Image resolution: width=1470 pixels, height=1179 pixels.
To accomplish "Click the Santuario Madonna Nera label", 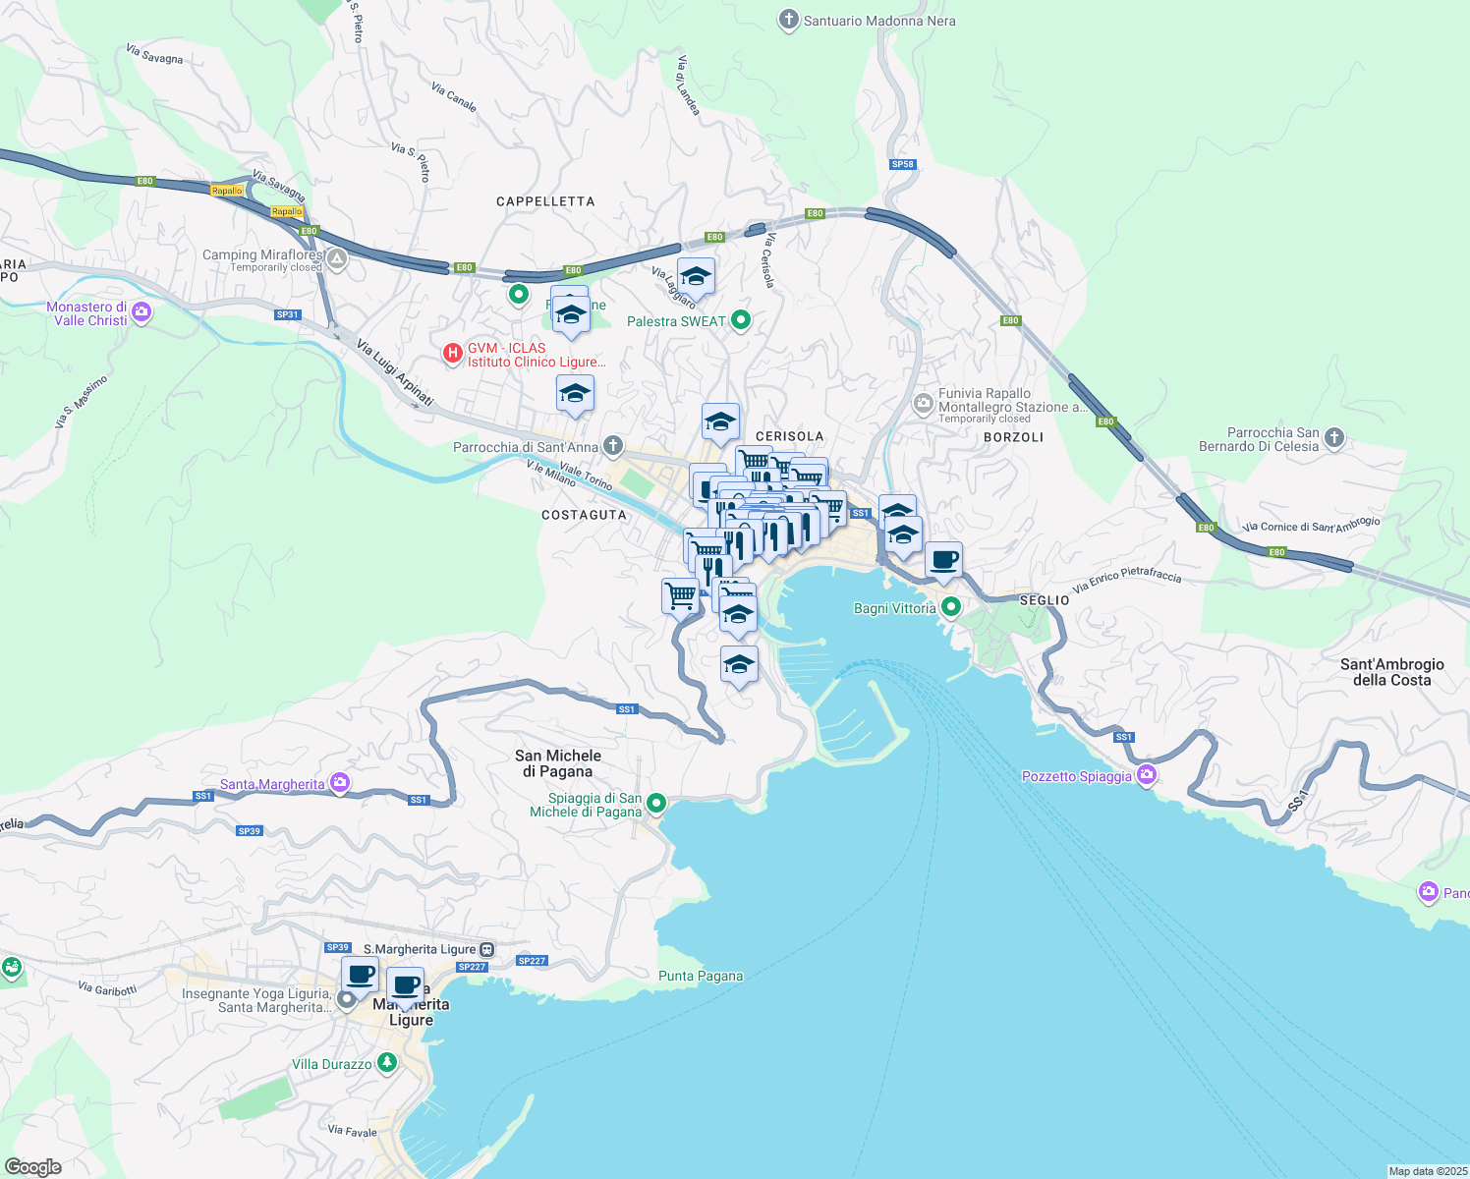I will pos(878,21).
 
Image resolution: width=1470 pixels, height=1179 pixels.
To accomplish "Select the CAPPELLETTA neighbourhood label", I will pos(545,201).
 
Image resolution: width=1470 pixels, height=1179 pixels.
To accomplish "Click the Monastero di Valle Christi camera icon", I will pos(141,312).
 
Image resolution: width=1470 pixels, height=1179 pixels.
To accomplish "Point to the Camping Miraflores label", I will pos(261,255).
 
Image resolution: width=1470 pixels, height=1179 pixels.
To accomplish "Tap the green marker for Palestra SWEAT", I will pos(742,320).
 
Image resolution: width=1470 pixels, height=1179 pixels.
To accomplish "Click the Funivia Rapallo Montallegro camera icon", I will pos(923,403).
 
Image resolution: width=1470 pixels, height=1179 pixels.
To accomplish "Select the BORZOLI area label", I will pos(1013,437).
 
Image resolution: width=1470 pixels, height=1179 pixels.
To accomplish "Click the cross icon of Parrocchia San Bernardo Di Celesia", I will pos(1333,438).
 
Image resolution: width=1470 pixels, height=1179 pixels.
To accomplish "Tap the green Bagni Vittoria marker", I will pos(950,607).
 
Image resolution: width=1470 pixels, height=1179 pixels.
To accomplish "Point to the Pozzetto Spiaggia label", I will pos(1077,776).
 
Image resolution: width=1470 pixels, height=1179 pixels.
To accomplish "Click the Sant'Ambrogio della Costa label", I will pos(1391,672).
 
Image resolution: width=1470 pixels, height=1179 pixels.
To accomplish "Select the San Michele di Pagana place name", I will pos(558,763).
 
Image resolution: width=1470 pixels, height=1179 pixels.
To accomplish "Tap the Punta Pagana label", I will pos(701,976).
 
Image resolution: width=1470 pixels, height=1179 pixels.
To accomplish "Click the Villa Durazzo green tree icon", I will pos(387,1063).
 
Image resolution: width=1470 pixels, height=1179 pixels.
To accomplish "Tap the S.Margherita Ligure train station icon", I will pos(486,949).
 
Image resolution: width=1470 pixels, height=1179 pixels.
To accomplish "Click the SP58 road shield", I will pos(902,164).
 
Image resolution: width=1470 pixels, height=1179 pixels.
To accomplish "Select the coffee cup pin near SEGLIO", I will pos(943,561).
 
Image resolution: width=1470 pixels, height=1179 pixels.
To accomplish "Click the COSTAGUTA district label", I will pos(584,515).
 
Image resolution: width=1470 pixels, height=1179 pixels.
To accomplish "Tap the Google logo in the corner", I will pos(33,1166).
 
